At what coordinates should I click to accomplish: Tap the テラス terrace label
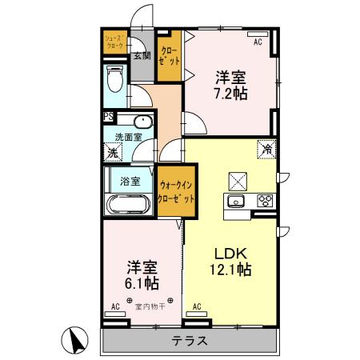(190, 341)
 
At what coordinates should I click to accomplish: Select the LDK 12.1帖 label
(232, 261)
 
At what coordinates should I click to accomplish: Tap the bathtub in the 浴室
(127, 203)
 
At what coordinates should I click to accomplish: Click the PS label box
(108, 118)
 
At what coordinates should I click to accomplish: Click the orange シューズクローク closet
(115, 42)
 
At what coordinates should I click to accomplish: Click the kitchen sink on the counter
(238, 201)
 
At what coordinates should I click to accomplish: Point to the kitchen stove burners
(265, 201)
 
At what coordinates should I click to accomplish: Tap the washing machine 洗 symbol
(114, 152)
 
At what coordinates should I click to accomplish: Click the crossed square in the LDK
(239, 179)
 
